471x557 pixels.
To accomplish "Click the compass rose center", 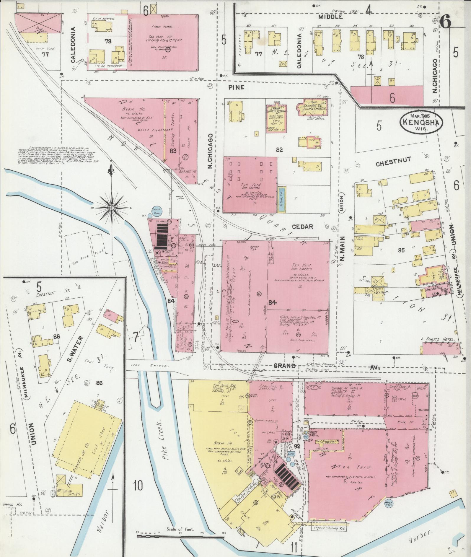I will pos(112,208).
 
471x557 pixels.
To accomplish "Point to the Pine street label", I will pos(236,87).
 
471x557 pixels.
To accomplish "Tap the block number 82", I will pos(279,149).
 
